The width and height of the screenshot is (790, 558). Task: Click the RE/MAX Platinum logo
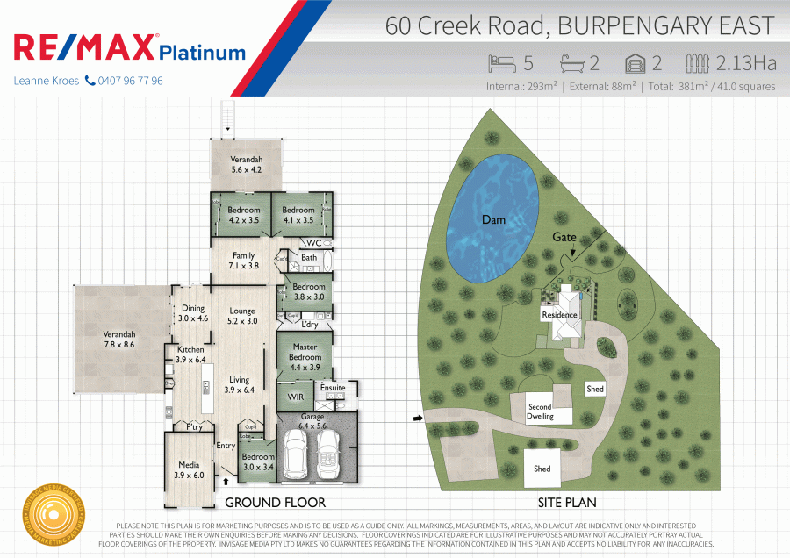(129, 48)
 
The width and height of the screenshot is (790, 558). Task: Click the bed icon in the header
(503, 63)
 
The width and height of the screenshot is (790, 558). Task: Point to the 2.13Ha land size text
(746, 63)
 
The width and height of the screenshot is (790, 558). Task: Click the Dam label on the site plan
(494, 220)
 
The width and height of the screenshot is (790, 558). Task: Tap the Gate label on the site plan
(564, 238)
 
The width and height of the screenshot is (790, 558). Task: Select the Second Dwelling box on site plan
(541, 411)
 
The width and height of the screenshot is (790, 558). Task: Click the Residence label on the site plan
(559, 315)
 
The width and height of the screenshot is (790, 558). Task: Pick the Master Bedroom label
(305, 352)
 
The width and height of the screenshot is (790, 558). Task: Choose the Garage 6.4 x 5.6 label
(313, 421)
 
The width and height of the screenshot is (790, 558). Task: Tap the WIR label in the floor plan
(295, 397)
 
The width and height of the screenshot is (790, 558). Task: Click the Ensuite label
(333, 387)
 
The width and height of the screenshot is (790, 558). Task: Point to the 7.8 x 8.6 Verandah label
(119, 340)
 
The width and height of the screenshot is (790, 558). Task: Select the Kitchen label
(190, 354)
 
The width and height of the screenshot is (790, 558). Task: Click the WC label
(313, 243)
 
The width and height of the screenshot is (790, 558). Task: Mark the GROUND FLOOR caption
(275, 503)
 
